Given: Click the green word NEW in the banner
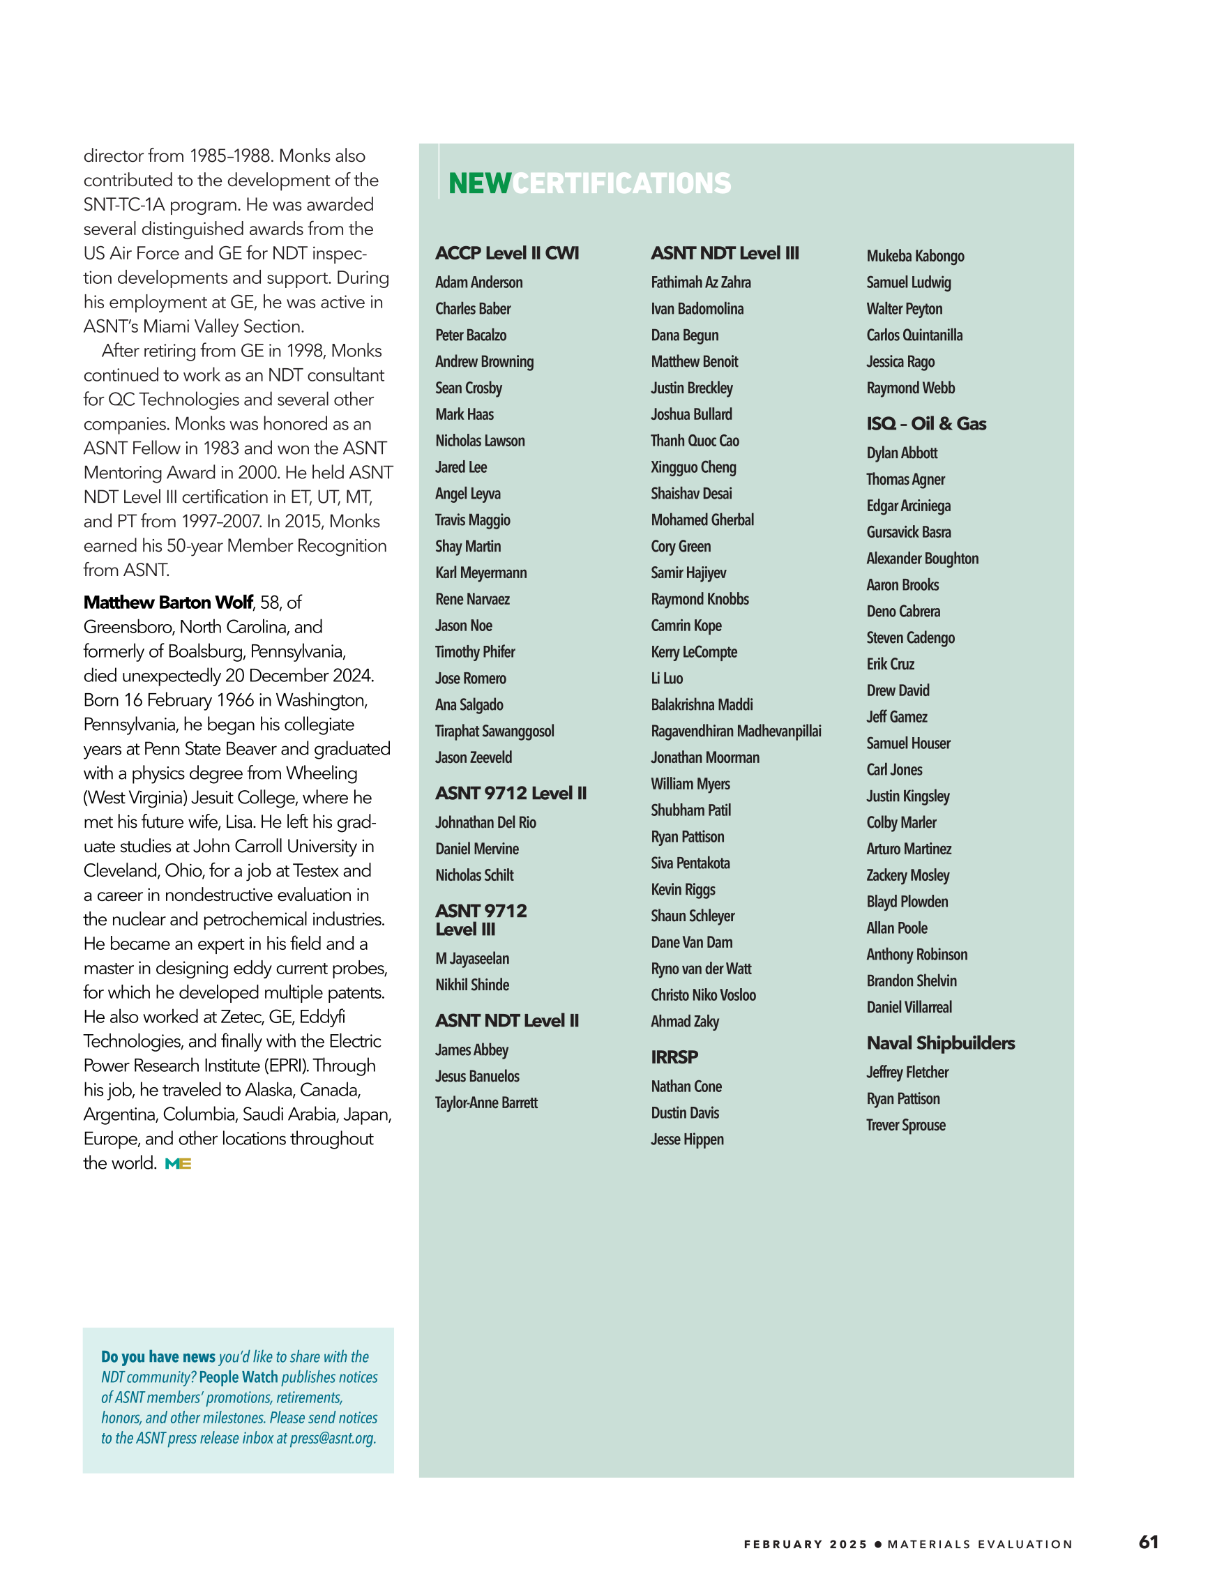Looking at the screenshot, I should [x=479, y=183].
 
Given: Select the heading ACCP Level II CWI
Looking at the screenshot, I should [x=507, y=253].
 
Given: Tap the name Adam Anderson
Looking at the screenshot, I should [x=478, y=282].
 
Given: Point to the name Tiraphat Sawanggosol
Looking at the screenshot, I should [x=494, y=731].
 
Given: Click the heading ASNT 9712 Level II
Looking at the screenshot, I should [x=511, y=793].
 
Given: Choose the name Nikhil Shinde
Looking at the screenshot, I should [x=472, y=985].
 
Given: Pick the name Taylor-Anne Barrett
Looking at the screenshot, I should [x=485, y=1103].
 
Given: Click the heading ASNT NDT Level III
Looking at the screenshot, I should [x=725, y=253].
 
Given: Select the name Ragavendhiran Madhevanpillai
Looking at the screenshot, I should [x=735, y=731].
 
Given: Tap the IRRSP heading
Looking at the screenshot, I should [x=674, y=1057].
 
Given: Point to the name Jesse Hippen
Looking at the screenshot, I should [x=687, y=1139].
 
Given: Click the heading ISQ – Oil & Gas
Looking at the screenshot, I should [x=926, y=424].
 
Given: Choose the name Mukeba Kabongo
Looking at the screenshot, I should [x=914, y=256].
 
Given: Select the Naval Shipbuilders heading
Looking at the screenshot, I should [x=940, y=1043].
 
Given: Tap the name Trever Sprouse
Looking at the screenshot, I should [x=905, y=1126].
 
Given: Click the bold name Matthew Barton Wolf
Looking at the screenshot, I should [x=168, y=603].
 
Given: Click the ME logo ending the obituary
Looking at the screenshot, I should [x=178, y=1164].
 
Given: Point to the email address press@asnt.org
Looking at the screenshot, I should [x=332, y=1439].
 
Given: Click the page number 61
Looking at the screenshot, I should [x=1148, y=1542].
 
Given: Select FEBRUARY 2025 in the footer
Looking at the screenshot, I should [x=806, y=1544].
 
